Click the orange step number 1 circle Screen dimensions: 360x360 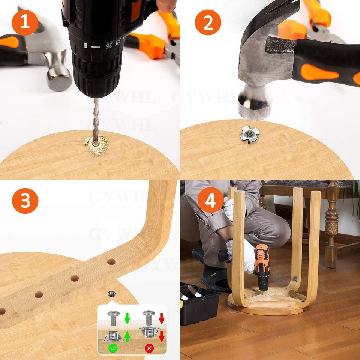[x=25, y=22]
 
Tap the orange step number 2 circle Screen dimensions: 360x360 [x=208, y=22]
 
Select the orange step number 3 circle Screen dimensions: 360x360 [x=25, y=201]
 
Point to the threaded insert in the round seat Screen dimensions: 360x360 [x=111, y=294]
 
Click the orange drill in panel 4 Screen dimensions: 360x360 [x=261, y=264]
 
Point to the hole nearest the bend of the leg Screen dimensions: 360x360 [x=111, y=261]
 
